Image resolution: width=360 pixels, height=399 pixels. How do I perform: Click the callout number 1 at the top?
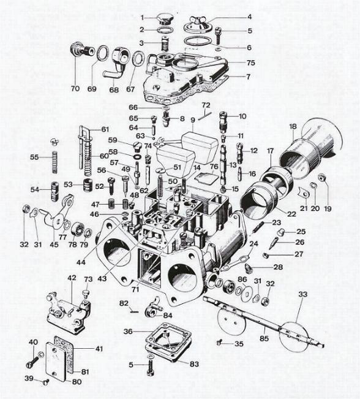142,17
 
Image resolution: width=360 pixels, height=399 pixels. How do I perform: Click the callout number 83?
195,364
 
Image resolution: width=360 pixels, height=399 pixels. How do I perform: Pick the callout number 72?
206,105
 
